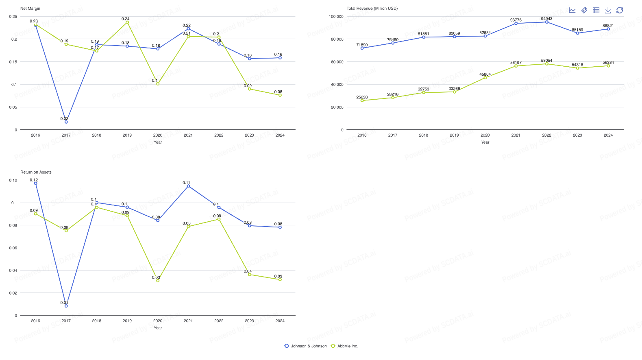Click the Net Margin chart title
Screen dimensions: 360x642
(30, 9)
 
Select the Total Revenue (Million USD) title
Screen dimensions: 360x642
(372, 9)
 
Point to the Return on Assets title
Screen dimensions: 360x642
(36, 172)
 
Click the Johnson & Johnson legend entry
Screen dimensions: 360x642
(306, 346)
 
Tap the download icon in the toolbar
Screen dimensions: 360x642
(608, 10)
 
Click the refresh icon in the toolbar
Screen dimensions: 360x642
(620, 10)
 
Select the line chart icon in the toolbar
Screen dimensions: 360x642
(572, 10)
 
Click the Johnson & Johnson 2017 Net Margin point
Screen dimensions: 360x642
(66, 122)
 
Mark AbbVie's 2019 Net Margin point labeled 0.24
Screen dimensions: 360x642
(127, 22)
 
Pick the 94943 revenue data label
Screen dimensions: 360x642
(546, 19)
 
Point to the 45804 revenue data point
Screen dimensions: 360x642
(485, 78)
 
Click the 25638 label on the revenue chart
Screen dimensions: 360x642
(362, 97)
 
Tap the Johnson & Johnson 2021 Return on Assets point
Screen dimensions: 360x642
(188, 186)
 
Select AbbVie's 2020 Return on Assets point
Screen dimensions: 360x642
(158, 281)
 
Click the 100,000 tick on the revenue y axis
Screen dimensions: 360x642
(336, 17)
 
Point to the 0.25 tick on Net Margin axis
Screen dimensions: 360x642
(13, 17)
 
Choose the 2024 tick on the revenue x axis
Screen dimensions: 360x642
(608, 135)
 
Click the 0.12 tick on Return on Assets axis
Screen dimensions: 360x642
(13, 180)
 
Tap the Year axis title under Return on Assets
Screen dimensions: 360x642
(158, 328)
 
